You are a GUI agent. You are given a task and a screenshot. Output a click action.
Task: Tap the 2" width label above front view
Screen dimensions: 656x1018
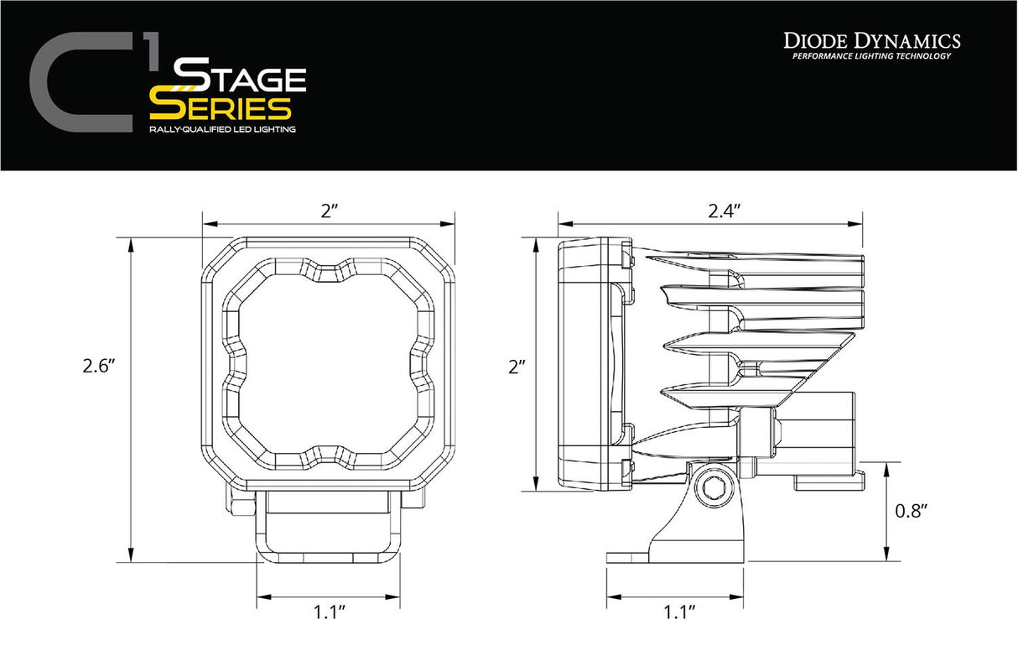[328, 212]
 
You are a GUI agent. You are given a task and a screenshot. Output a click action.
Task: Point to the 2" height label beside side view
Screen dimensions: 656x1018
[517, 367]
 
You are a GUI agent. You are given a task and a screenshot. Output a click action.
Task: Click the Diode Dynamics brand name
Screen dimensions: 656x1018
[872, 40]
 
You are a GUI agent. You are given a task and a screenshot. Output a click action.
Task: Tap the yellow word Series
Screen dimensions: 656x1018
[221, 107]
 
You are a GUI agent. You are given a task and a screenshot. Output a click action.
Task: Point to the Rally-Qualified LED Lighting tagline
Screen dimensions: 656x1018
[221, 130]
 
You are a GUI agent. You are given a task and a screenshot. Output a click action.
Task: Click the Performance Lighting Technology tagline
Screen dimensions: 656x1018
[872, 56]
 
